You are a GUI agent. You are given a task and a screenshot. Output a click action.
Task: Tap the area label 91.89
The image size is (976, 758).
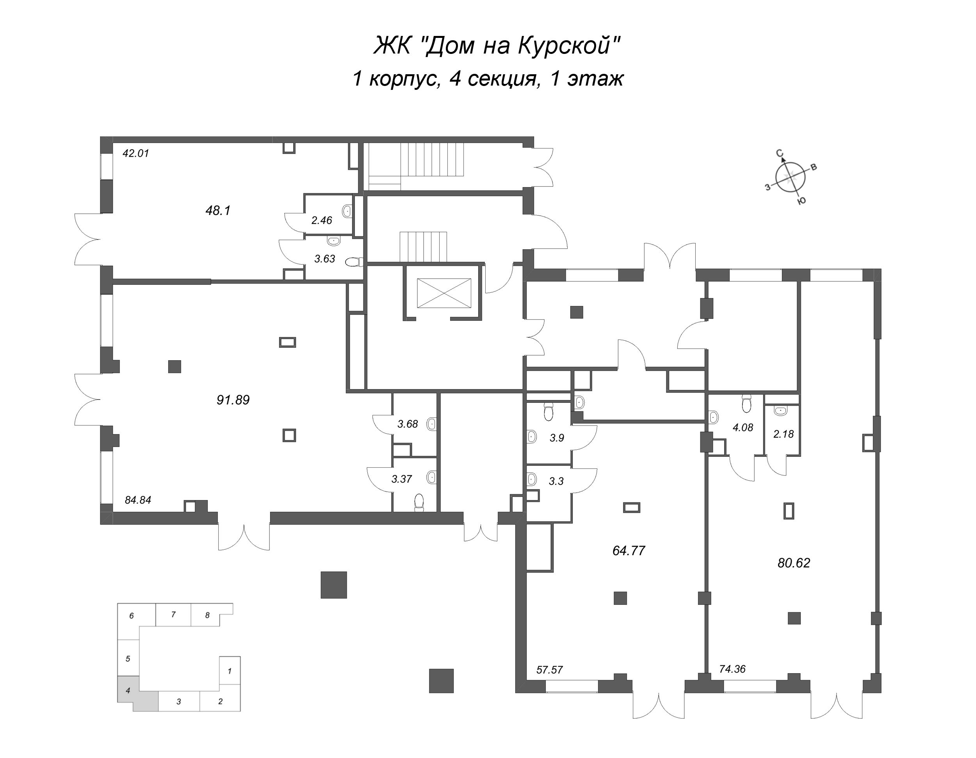233,400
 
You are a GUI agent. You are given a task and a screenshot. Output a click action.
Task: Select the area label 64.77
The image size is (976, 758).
629,551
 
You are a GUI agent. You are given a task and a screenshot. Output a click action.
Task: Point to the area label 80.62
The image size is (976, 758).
794,563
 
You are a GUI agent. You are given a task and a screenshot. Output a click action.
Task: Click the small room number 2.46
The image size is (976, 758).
322,220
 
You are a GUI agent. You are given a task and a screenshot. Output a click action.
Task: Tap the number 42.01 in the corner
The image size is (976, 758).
136,154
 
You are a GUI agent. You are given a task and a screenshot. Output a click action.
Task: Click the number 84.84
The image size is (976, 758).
138,500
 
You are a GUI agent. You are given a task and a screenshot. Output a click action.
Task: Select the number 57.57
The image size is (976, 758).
550,670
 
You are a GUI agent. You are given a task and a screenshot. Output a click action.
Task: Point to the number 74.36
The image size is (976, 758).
732,669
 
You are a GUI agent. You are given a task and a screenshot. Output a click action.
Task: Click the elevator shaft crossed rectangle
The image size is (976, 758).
444,293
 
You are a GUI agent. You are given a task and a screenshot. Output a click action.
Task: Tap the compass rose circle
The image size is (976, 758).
791,177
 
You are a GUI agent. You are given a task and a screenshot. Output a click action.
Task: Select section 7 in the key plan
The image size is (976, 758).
173,615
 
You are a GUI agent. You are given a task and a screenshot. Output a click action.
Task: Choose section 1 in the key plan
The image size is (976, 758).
230,671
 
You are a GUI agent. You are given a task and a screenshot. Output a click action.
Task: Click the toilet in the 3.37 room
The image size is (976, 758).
419,502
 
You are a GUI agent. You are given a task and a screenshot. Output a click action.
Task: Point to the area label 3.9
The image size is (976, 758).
557,438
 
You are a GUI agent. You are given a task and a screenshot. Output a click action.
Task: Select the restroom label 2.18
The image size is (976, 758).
784,434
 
